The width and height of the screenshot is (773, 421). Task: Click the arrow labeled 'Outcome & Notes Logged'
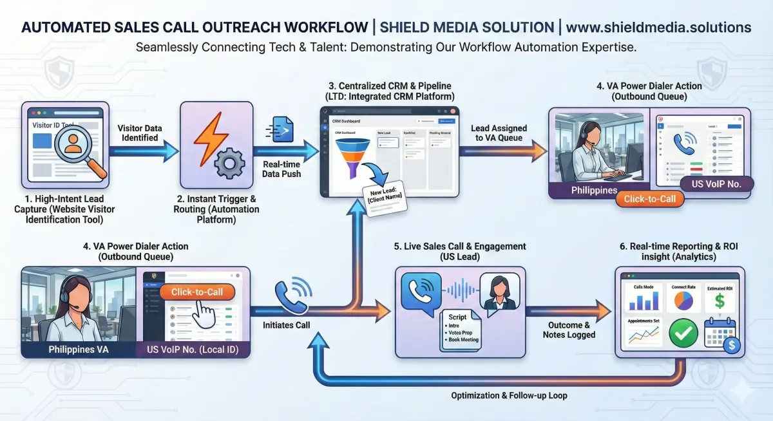(x=568, y=311)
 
